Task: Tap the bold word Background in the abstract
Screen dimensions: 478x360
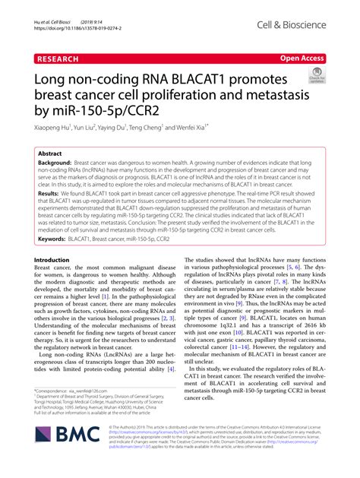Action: point(54,163)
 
